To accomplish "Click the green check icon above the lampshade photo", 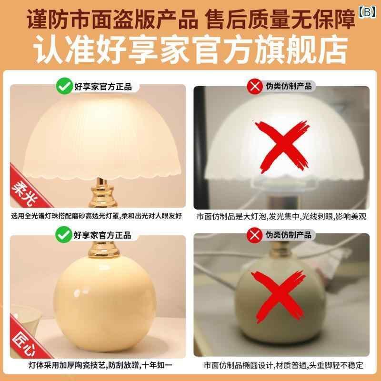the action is point(64,86).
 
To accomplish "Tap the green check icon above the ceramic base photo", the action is point(64,234).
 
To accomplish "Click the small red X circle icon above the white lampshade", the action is point(255,86).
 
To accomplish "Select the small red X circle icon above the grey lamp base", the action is point(254,235).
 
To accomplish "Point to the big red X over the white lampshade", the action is point(282,147).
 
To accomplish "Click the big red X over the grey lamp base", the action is point(279,296).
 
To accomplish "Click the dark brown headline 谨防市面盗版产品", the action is point(112,20).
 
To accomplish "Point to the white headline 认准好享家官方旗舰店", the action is point(190,50).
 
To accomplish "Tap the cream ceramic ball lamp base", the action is point(105,304).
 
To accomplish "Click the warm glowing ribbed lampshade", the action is point(101,139).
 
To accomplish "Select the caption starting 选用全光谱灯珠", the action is point(97,216).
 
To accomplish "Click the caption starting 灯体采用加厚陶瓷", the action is point(100,365).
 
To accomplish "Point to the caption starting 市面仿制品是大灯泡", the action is point(281,216).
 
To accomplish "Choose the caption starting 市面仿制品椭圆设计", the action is point(283,365).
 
